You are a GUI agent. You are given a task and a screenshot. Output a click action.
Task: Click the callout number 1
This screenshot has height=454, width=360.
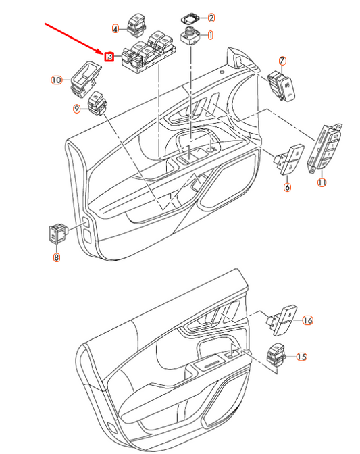pos(210,35)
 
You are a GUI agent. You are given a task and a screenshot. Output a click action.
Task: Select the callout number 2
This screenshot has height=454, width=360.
pos(211,18)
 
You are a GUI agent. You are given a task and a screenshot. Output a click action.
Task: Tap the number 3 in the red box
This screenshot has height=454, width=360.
pos(109,57)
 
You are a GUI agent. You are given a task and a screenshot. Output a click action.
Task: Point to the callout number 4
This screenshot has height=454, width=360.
pos(115,29)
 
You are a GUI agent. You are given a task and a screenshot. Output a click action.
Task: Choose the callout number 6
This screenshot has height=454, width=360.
pos(287,187)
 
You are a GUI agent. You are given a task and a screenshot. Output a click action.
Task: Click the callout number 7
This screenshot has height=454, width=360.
pos(282,61)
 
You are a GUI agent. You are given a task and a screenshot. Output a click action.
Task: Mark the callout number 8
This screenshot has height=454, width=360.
pos(57,257)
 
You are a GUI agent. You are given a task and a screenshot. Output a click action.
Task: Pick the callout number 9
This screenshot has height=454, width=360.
pos(76,109)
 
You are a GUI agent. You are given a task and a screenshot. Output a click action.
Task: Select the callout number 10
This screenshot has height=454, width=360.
pos(57,80)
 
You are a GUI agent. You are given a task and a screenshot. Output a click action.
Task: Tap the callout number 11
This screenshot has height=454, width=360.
pos(322,182)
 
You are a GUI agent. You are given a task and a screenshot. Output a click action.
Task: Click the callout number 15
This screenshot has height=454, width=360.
pos(301,357)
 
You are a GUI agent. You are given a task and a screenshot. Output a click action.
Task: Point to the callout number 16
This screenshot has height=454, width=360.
pos(307,320)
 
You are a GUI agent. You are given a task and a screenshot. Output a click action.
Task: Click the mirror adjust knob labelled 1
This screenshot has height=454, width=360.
pos(190,36)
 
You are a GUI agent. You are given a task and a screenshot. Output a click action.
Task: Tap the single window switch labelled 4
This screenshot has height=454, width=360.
pos(136,25)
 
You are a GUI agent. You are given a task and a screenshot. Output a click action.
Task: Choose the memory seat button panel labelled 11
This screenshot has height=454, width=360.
pos(324,148)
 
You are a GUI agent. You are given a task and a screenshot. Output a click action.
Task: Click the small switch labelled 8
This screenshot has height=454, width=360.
pos(58,233)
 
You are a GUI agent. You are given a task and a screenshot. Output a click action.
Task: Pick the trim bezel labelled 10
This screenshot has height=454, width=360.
pos(86,78)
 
